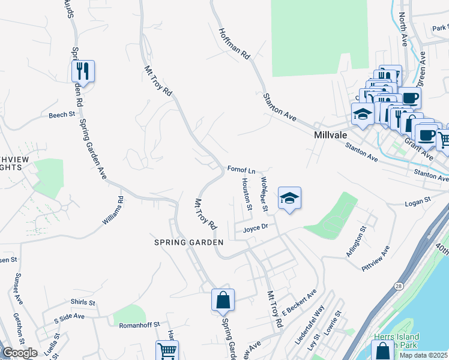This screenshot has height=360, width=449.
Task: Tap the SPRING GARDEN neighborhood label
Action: pos(188,242)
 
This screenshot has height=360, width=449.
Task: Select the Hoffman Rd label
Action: pos(234,44)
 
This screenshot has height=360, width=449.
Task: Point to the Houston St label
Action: pos(246,194)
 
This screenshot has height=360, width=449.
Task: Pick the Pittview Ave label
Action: pos(376,257)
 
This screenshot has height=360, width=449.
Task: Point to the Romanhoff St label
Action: pos(139,324)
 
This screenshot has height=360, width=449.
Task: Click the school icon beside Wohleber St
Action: pos(289,199)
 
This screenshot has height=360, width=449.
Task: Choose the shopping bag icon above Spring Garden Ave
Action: pos(223,300)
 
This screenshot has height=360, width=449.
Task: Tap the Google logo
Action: pos(20,353)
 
